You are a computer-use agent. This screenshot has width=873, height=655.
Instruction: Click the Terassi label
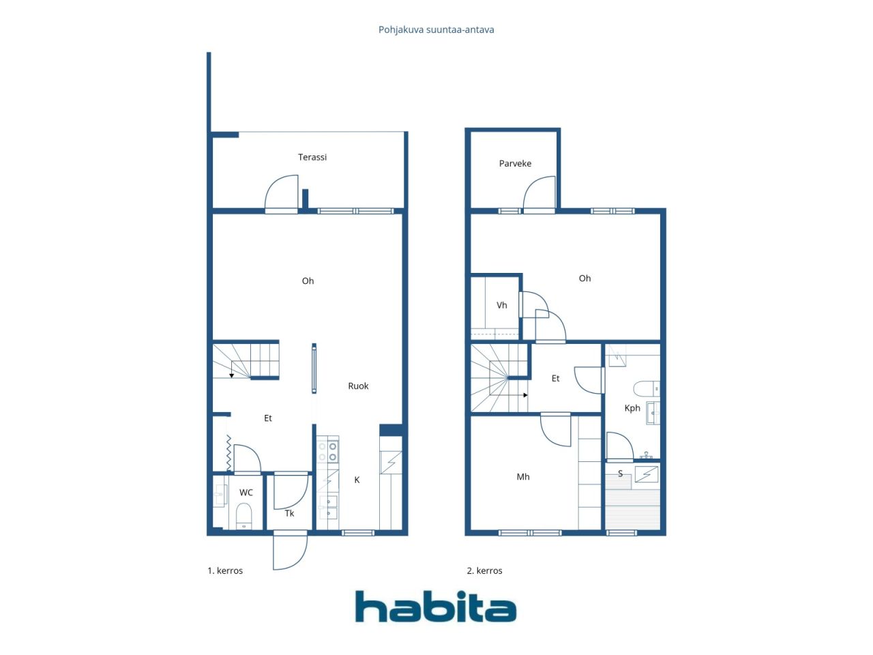[312, 157]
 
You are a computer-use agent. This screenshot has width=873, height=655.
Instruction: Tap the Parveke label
[515, 164]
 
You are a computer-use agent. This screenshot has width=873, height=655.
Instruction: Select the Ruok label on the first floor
[358, 385]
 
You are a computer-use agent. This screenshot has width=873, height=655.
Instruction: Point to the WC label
[246, 493]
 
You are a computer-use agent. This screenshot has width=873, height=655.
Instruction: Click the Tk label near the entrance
[289, 513]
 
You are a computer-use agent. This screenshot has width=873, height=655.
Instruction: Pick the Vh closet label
[501, 305]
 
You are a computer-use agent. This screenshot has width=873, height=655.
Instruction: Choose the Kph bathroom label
[632, 408]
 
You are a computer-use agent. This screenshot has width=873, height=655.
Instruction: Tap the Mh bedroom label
[523, 477]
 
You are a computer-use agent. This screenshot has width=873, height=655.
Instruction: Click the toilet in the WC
[243, 516]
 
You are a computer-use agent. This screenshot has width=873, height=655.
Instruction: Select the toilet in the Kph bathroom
[647, 388]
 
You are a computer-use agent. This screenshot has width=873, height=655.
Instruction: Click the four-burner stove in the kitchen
[328, 452]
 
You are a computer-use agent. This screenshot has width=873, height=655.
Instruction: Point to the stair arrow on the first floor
[231, 375]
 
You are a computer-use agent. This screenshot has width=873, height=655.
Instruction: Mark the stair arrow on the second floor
[525, 395]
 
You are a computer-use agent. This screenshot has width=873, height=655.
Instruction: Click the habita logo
[436, 607]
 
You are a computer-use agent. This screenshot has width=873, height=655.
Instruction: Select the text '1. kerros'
[225, 570]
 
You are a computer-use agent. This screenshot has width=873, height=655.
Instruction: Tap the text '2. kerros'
[484, 570]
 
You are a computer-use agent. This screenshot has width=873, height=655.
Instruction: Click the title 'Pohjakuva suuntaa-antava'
[436, 30]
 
